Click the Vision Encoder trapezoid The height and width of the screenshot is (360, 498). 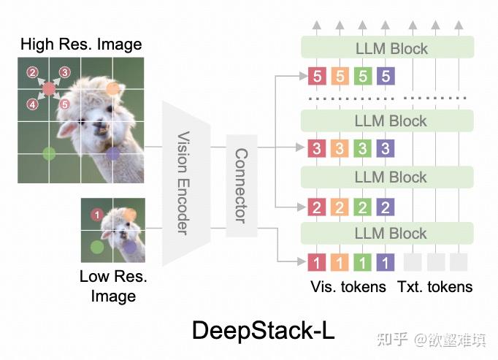[x=186, y=183]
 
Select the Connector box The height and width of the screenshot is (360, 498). [x=242, y=186]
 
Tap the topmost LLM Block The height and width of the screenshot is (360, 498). [x=388, y=47]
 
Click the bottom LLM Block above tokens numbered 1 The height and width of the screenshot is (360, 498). [x=387, y=233]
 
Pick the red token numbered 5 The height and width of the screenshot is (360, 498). [x=317, y=76]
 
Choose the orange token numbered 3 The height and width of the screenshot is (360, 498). [x=340, y=148]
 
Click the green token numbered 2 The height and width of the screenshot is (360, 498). [x=362, y=207]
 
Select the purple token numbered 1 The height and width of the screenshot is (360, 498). [x=386, y=262]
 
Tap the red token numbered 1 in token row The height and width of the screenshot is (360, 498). [x=317, y=262]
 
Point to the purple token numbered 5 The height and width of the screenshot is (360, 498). [x=386, y=76]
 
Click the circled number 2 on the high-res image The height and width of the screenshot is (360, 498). [x=32, y=72]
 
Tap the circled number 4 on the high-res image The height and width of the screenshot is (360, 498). [x=32, y=104]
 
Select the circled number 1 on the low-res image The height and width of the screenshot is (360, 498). [x=97, y=215]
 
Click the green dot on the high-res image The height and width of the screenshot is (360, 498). [x=49, y=154]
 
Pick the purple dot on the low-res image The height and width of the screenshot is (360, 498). [x=129, y=247]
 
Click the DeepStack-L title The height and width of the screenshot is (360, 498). [x=264, y=331]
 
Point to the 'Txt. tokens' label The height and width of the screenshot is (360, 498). [x=434, y=286]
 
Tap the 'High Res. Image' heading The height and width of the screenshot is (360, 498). [x=81, y=44]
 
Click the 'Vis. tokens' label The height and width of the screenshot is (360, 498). [x=348, y=286]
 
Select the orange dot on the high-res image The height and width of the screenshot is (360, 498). [x=112, y=89]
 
